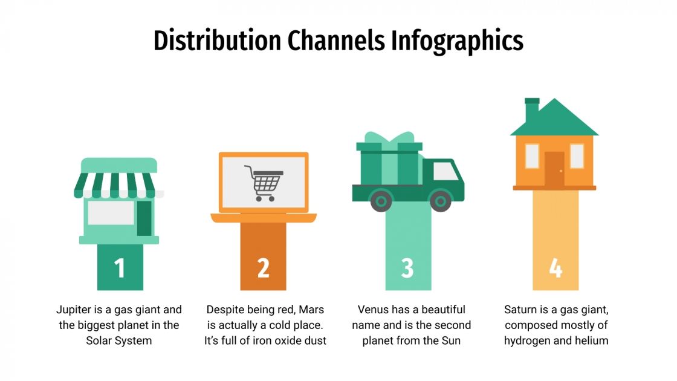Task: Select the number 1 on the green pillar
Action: (120, 268)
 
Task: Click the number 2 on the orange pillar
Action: (263, 268)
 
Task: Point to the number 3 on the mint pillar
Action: (407, 268)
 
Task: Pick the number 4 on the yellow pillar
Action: (556, 268)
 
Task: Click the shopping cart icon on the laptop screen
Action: (263, 183)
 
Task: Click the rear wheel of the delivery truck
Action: (381, 200)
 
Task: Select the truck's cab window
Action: (445, 172)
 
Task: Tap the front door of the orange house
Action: (554, 169)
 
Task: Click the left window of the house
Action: (532, 156)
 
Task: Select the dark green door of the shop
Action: (144, 218)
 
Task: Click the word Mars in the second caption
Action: (313, 310)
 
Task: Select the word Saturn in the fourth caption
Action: (521, 310)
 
